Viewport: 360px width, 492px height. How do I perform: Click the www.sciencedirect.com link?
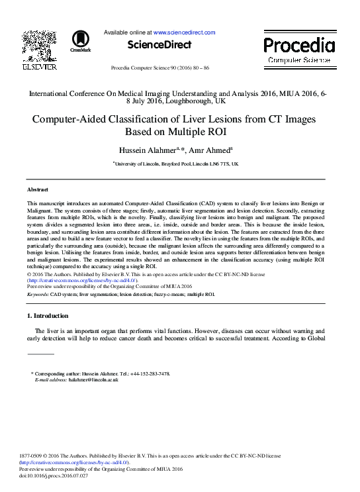[185, 32]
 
